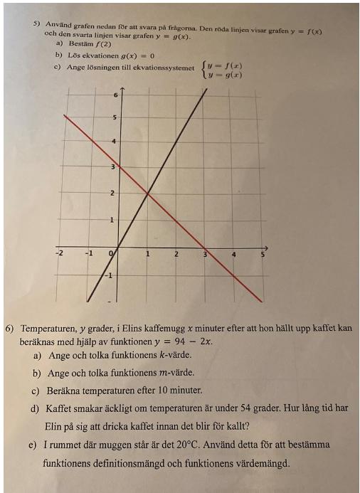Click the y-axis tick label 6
click(x=115, y=94)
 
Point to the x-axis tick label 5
click(x=263, y=254)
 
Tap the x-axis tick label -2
click(x=60, y=253)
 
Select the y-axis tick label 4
click(x=115, y=142)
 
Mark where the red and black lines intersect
click(x=147, y=194)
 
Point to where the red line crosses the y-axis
click(x=118, y=168)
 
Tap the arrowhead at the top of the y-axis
click(x=122, y=89)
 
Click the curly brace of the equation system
click(x=205, y=69)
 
